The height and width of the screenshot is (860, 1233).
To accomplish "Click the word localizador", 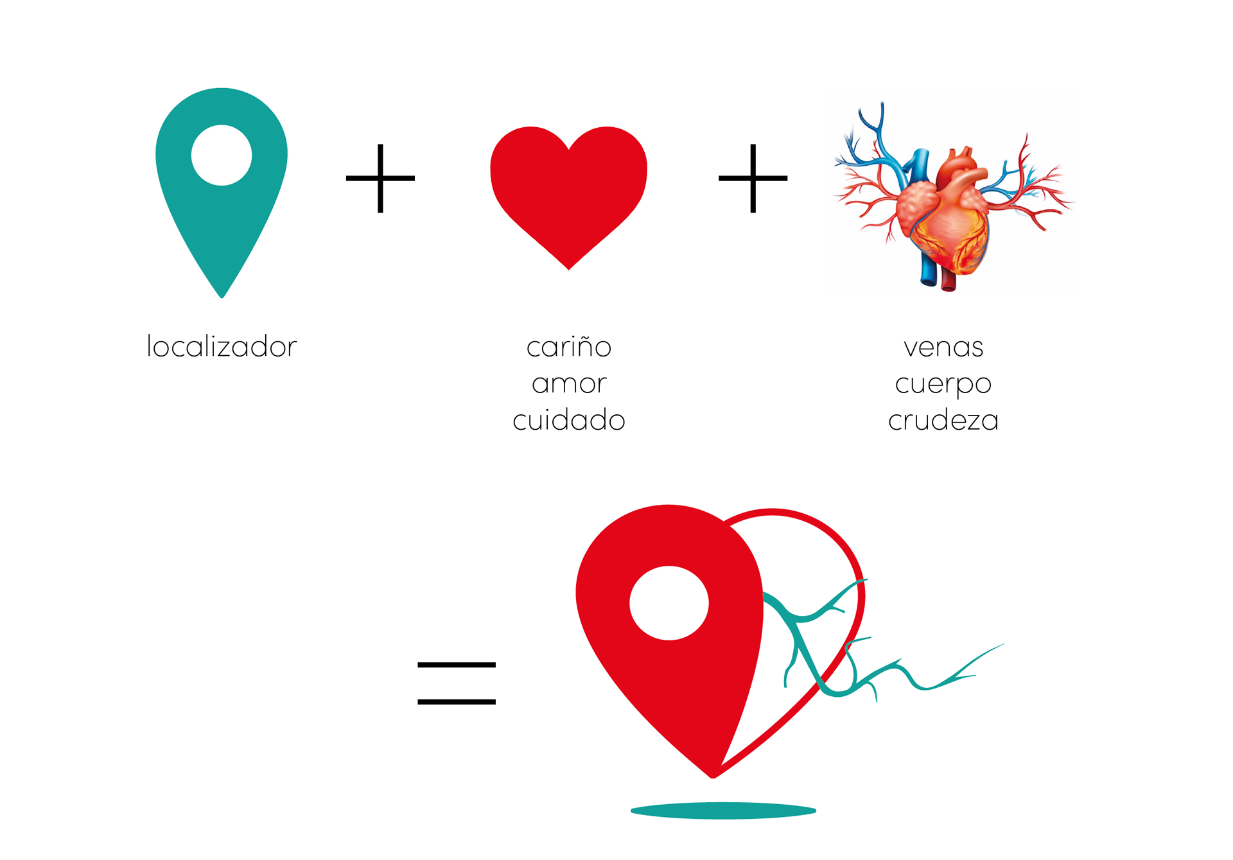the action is click(222, 347).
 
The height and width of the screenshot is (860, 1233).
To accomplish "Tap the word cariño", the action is click(568, 347).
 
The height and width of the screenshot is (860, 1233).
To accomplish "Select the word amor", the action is click(568, 384).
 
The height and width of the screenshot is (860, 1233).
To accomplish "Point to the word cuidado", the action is click(568, 421).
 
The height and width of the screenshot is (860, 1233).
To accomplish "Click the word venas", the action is click(943, 347).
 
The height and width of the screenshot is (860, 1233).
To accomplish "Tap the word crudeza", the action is click(943, 421).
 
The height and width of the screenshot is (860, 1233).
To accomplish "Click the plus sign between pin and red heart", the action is click(380, 178).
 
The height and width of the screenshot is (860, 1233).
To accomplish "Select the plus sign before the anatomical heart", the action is click(753, 178).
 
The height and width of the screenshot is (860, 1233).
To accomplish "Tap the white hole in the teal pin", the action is click(222, 155).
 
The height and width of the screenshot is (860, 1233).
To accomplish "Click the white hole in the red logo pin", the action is click(669, 602).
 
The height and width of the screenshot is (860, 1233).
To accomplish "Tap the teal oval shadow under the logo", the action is click(723, 811).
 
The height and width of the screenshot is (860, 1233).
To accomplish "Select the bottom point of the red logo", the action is click(713, 775).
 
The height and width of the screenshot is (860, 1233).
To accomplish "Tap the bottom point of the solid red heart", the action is click(568, 267).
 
